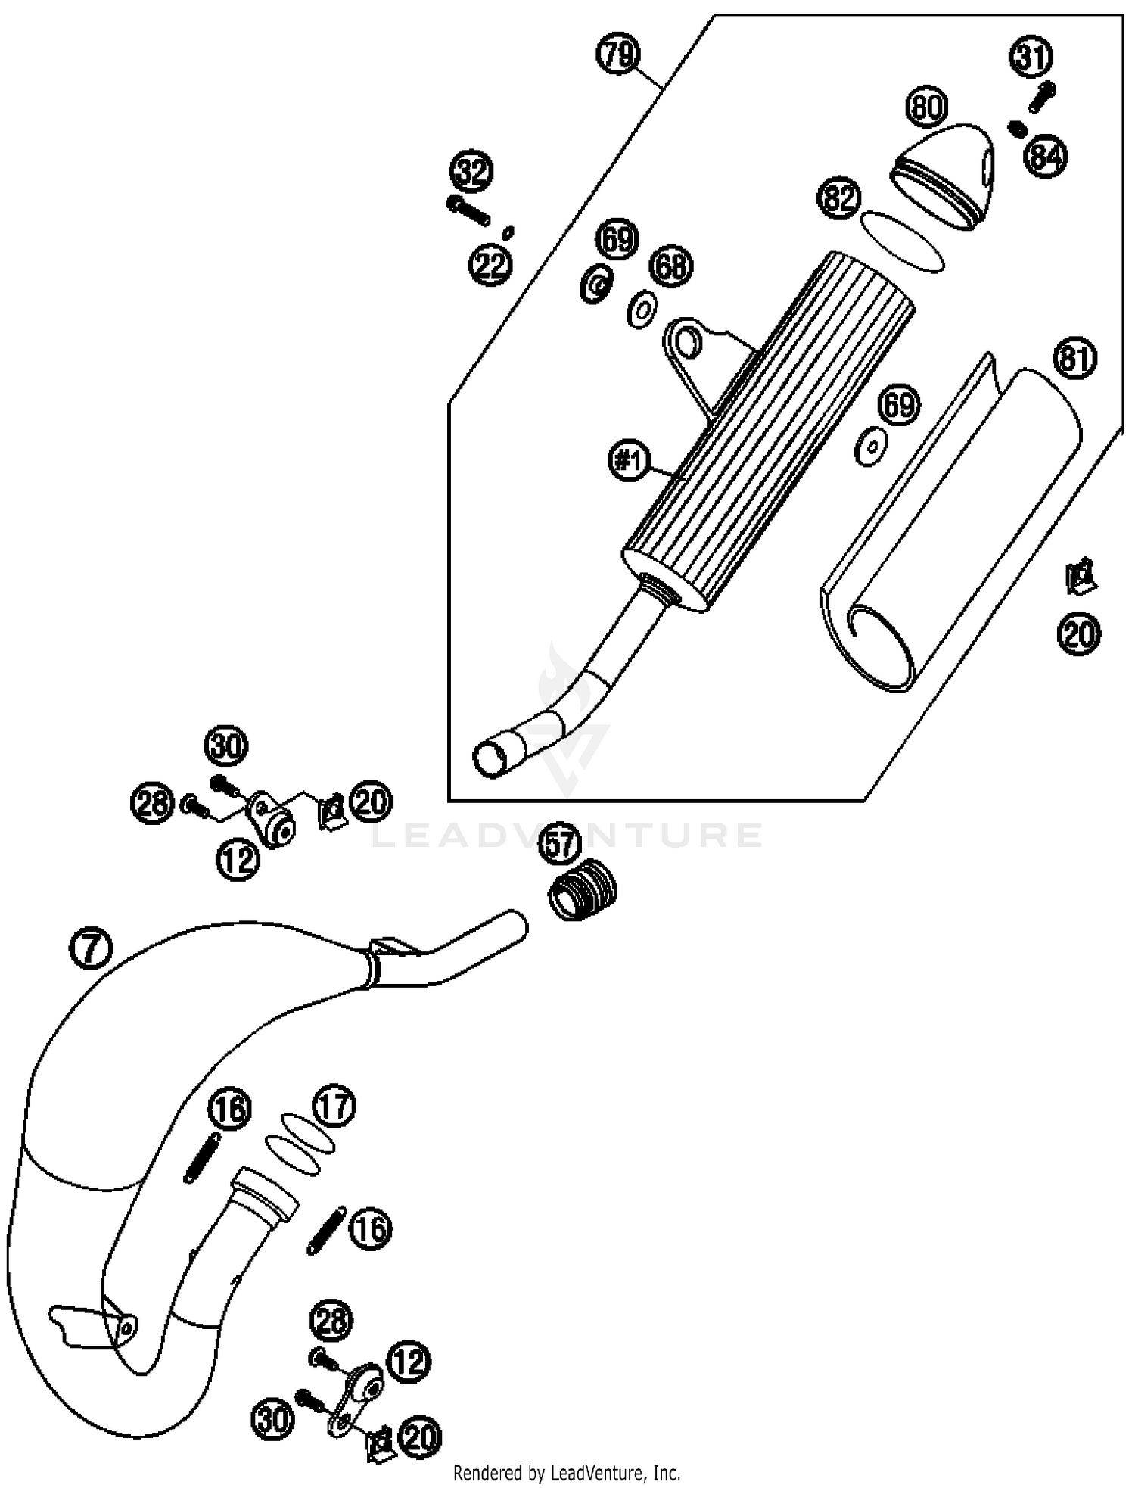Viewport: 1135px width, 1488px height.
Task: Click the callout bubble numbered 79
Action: (x=619, y=54)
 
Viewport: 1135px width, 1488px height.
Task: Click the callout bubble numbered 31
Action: (x=1031, y=58)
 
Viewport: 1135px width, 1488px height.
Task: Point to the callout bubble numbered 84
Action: (x=1046, y=157)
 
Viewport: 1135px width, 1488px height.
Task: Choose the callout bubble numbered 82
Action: (x=839, y=198)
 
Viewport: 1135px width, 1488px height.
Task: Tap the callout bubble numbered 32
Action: (x=472, y=172)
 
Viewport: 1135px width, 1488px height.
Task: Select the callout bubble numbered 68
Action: (x=671, y=266)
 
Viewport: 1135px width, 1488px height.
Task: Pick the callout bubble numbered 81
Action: (x=1074, y=358)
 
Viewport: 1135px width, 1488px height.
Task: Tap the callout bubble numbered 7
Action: (x=91, y=948)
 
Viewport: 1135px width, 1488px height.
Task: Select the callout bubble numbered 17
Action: (x=334, y=1107)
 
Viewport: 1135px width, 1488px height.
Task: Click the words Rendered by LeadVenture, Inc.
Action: (x=567, y=1473)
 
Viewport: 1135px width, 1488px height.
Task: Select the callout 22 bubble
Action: (x=491, y=265)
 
